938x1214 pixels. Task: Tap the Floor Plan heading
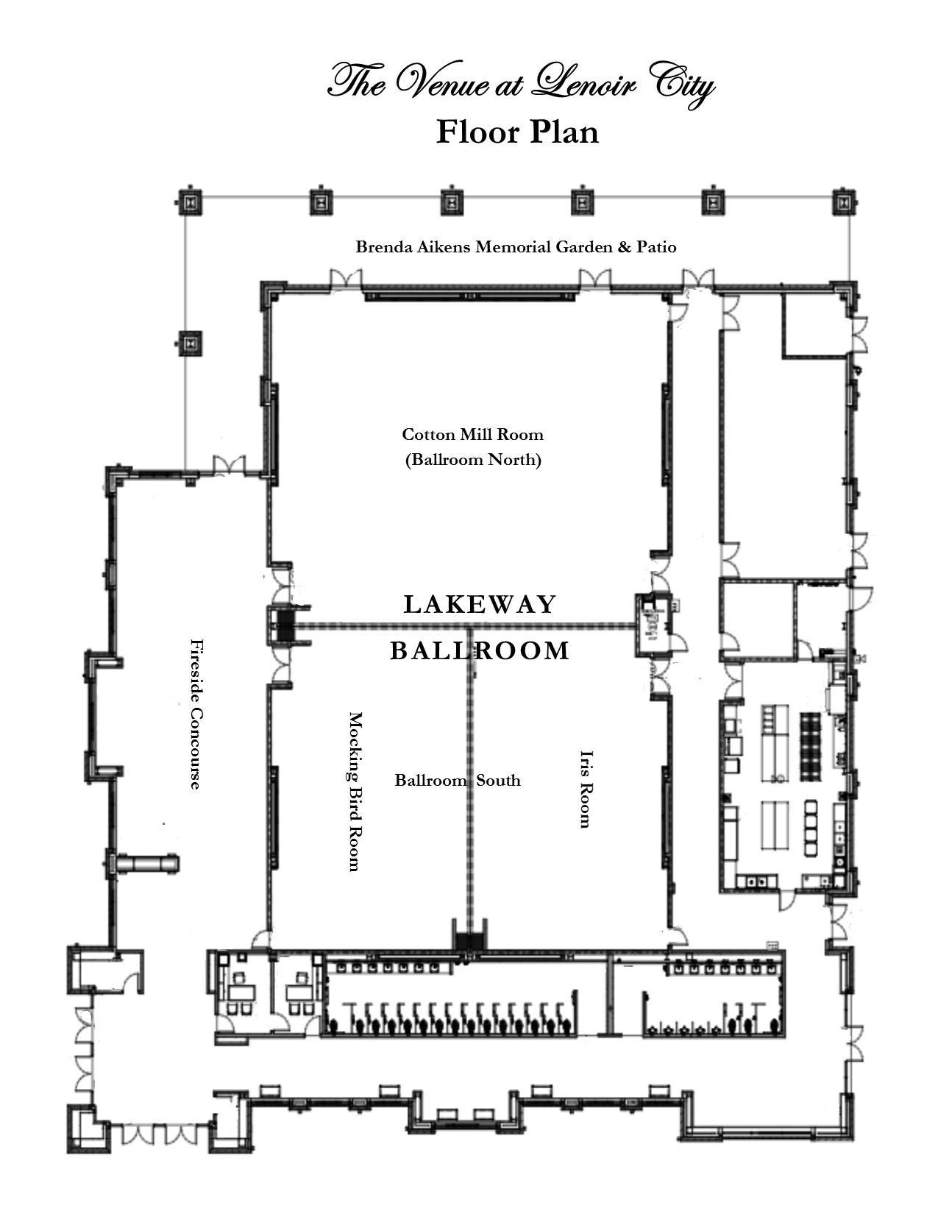pyautogui.click(x=517, y=132)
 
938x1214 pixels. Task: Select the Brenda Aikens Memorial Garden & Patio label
pyautogui.click(x=516, y=246)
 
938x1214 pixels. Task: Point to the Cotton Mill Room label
pyautogui.click(x=472, y=434)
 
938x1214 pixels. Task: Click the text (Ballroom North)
pyautogui.click(x=473, y=460)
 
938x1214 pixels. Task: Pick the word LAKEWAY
pyautogui.click(x=480, y=604)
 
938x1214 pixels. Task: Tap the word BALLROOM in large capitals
pyautogui.click(x=480, y=650)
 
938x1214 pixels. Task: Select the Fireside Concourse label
pyautogui.click(x=196, y=714)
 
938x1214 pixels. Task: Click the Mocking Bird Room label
pyautogui.click(x=355, y=791)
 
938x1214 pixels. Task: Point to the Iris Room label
pyautogui.click(x=586, y=789)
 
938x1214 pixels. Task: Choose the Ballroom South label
pyautogui.click(x=458, y=780)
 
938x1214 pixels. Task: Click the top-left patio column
pyautogui.click(x=190, y=201)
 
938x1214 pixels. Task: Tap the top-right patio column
pyautogui.click(x=845, y=201)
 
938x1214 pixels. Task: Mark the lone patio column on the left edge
pyautogui.click(x=191, y=342)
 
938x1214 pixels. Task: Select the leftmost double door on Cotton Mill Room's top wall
pyautogui.click(x=346, y=280)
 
